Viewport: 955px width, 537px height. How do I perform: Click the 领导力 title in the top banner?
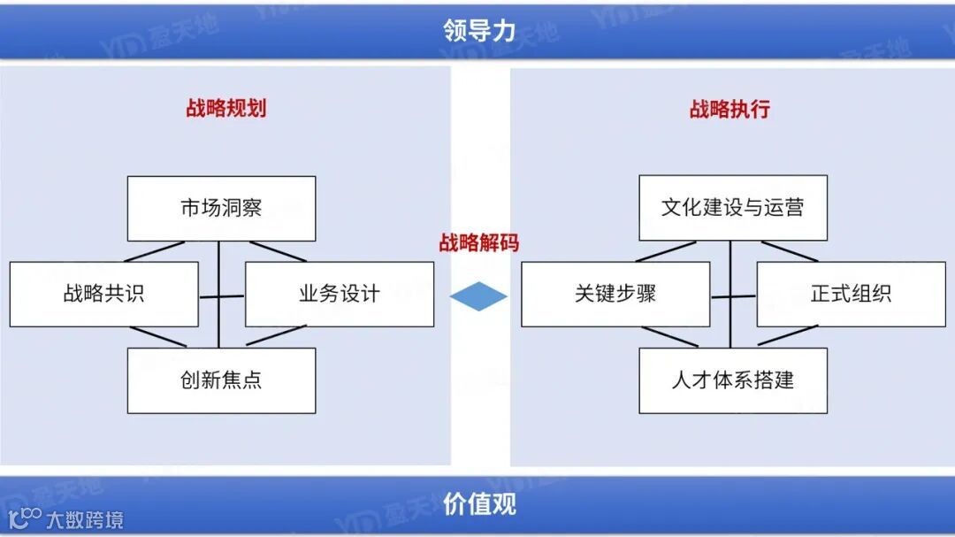point(478,31)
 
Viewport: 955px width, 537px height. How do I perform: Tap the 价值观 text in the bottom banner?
point(478,504)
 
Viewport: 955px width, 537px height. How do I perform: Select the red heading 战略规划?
point(225,108)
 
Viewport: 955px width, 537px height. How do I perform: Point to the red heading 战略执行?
point(730,109)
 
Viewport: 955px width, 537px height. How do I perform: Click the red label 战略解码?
point(478,243)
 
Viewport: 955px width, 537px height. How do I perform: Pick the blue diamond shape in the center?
point(478,296)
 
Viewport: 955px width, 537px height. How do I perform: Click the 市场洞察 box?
point(221,209)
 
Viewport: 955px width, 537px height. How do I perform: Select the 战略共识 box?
point(103,294)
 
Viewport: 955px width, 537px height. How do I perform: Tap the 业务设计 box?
point(340,294)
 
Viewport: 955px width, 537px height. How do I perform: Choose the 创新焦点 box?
point(221,380)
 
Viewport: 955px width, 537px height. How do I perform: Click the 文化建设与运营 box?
point(733,209)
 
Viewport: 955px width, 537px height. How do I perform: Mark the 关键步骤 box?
point(615,294)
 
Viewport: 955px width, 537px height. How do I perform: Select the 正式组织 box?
point(851,294)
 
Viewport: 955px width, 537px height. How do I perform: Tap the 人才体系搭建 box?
point(733,380)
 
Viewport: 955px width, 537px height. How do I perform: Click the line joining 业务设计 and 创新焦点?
point(278,336)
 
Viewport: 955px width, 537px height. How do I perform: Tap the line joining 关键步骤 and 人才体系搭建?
point(669,336)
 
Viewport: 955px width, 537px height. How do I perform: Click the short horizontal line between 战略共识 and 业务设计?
point(222,296)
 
